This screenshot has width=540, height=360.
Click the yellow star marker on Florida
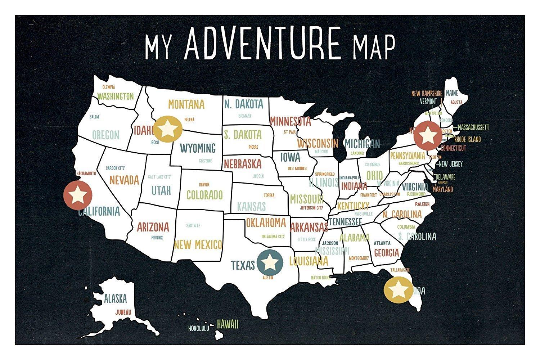click(x=398, y=289)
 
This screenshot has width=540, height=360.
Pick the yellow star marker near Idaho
click(x=167, y=128)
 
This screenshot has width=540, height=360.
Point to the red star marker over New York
click(x=427, y=135)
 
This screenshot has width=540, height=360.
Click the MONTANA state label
click(x=186, y=104)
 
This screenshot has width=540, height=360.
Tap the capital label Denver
click(x=204, y=185)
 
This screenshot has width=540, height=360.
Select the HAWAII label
click(x=228, y=324)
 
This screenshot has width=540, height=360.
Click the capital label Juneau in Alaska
click(x=123, y=312)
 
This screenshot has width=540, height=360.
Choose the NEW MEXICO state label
click(x=198, y=245)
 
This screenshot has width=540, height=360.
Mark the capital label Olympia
click(x=108, y=87)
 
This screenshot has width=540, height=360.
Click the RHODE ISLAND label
click(x=467, y=139)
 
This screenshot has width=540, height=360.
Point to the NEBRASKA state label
click(x=242, y=164)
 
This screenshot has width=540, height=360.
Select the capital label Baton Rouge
click(x=321, y=278)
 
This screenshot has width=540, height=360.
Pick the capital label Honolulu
click(x=199, y=328)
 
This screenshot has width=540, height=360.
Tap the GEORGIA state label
click(x=386, y=252)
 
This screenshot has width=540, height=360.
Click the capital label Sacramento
click(x=86, y=174)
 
